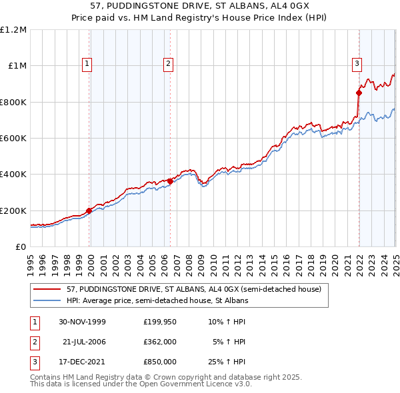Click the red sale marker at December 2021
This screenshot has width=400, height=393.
359,93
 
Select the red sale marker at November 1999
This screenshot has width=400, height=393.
89,210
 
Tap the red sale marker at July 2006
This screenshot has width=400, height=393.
170,181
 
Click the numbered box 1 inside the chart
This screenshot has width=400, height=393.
87,64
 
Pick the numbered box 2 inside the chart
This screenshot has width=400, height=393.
167,64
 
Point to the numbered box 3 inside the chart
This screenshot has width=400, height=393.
357,64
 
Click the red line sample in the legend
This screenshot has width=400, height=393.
47,289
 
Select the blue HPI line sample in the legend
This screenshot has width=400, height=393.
47,300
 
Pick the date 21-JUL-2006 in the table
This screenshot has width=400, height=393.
83,342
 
